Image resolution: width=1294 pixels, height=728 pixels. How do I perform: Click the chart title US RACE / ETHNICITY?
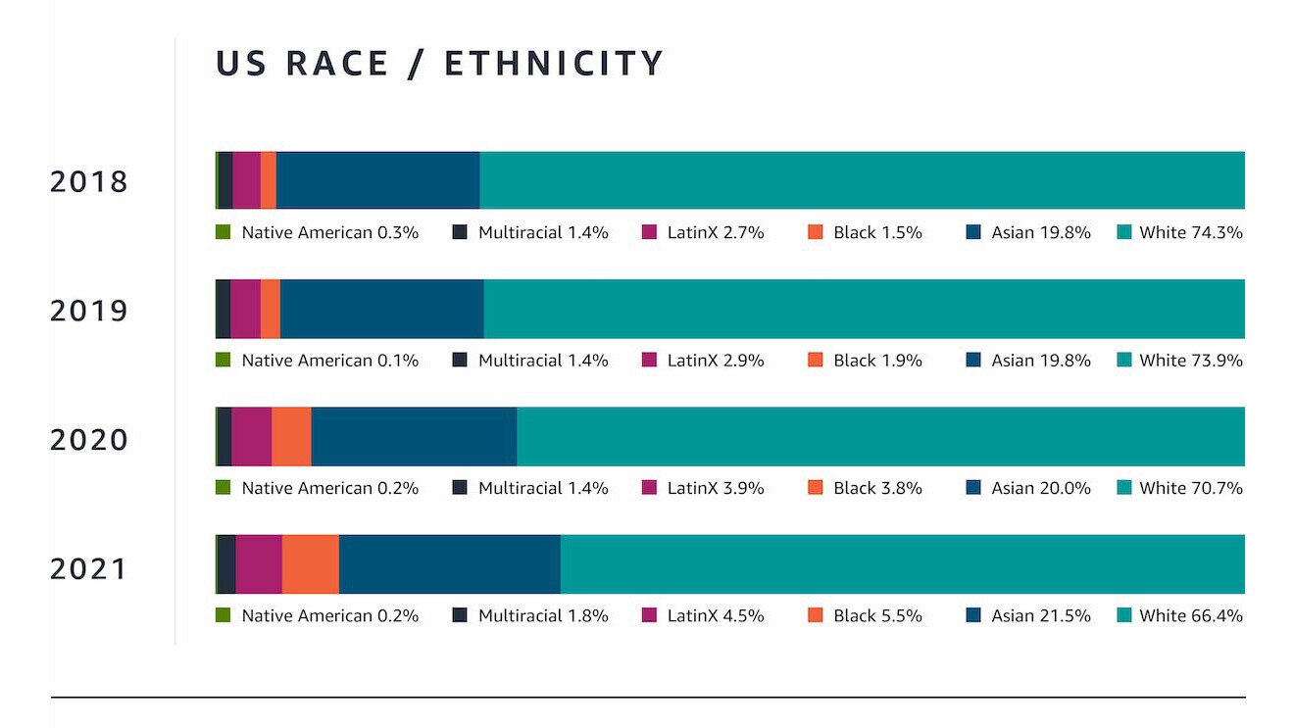click(439, 64)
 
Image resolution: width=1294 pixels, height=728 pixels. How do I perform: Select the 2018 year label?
click(89, 182)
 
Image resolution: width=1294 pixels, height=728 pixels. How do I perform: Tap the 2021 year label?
click(89, 569)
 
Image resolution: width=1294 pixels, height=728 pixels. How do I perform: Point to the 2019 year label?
click(89, 311)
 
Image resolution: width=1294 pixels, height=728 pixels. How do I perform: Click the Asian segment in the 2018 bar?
click(377, 180)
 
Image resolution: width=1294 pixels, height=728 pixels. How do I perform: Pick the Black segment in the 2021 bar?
click(311, 564)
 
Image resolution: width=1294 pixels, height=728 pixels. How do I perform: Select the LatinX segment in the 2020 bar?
click(252, 436)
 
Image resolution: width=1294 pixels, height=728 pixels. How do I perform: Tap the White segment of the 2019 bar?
click(863, 309)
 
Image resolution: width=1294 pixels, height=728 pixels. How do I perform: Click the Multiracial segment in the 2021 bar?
click(226, 564)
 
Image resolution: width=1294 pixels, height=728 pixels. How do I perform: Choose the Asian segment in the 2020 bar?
click(414, 436)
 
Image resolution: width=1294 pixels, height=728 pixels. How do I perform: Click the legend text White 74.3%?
click(1190, 233)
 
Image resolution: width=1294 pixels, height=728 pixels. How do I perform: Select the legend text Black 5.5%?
click(877, 616)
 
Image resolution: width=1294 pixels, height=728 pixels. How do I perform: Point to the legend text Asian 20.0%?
click(1040, 488)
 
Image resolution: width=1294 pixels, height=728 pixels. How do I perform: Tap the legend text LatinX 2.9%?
click(715, 361)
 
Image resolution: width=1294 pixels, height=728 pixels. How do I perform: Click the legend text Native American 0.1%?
click(329, 361)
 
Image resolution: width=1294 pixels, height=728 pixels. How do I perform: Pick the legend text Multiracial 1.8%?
click(542, 616)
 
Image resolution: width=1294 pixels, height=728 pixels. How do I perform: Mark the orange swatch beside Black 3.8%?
click(816, 488)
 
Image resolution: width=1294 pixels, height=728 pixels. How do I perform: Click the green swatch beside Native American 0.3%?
click(223, 233)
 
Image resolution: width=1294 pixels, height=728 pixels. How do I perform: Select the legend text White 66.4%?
click(1190, 616)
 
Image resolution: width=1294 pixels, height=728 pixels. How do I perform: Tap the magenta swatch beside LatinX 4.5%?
click(649, 616)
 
